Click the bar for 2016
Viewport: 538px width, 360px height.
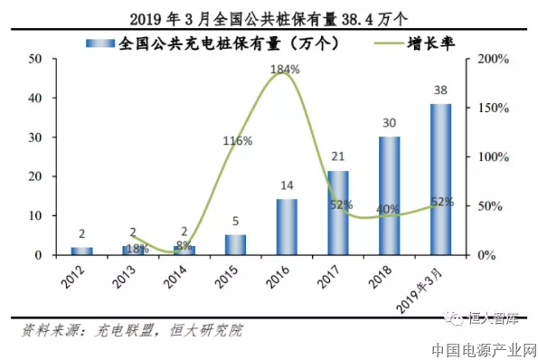tap(287, 227)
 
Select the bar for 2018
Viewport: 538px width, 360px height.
tap(389, 196)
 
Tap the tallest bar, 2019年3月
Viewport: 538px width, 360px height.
tap(440, 180)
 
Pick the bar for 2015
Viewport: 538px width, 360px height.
tap(235, 245)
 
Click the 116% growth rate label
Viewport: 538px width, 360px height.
tap(237, 141)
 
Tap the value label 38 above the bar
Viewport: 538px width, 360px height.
tap(440, 90)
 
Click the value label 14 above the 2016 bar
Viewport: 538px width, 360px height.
tap(286, 186)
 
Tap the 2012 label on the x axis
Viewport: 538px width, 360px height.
tap(75, 275)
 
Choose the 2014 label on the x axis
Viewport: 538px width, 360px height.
tap(177, 275)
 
